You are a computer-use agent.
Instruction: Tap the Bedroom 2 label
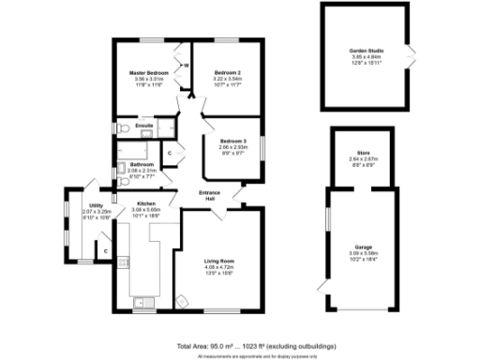[x=228, y=72]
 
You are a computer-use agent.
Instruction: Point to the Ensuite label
[x=143, y=126]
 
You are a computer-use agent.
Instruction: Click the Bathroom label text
[x=142, y=165]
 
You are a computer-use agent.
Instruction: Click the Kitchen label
[x=145, y=203]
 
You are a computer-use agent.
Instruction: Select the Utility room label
[x=96, y=205]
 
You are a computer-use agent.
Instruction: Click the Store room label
[x=363, y=153]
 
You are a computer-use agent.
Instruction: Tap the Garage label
[x=362, y=247]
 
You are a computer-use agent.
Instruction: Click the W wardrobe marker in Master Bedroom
[x=187, y=66]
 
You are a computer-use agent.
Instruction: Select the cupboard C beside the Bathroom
[x=170, y=152]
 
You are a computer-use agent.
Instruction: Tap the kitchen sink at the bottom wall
[x=142, y=302]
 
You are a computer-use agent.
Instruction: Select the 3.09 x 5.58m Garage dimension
[x=362, y=254]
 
